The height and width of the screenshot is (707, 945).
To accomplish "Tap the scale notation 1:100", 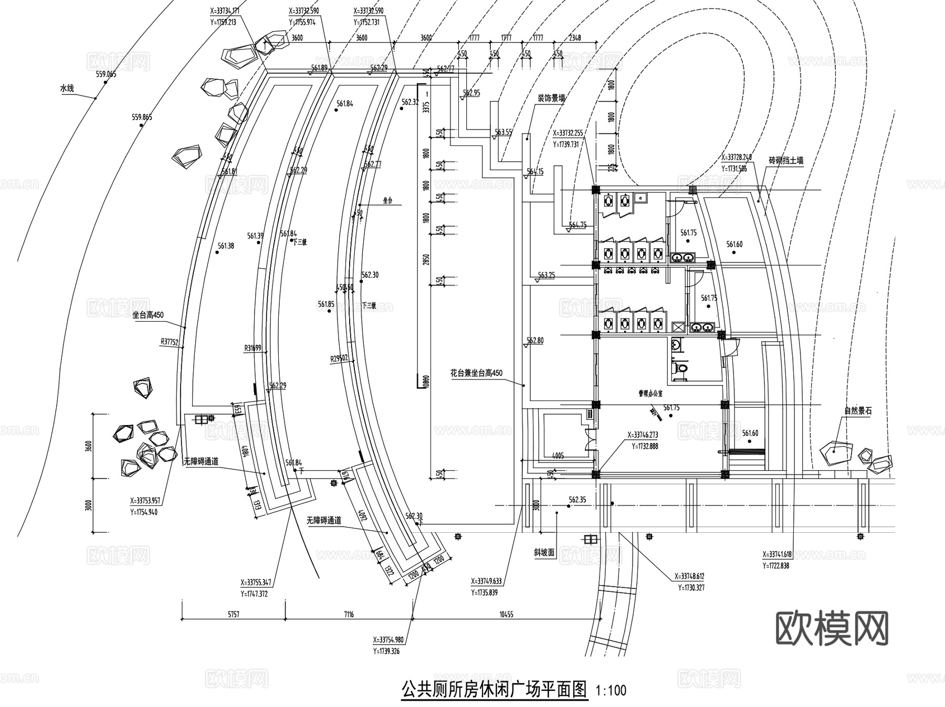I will point(611,690).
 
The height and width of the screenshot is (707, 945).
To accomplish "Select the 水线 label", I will point(67,89).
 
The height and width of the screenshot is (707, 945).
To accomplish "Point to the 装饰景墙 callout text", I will point(551,98).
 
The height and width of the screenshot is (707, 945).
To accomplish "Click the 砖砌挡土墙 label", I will point(786,161).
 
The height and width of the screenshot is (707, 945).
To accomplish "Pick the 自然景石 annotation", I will point(858,411).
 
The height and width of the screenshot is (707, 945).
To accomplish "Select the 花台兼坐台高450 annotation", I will point(476,373).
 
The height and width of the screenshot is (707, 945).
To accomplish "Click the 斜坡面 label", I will point(544,552).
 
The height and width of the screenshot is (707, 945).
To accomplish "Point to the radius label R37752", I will point(170,342).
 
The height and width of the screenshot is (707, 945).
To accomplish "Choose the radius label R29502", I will point(340,359).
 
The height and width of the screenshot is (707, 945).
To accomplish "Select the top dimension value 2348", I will point(575,38).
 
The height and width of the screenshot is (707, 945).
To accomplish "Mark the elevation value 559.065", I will point(106,74).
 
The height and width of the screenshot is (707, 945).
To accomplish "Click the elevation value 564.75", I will point(577,225).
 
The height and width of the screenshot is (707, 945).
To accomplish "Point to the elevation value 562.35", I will point(577,500).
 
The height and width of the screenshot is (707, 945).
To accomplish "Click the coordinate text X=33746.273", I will point(643,435).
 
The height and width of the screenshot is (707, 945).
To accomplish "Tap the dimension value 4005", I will point(558,456).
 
